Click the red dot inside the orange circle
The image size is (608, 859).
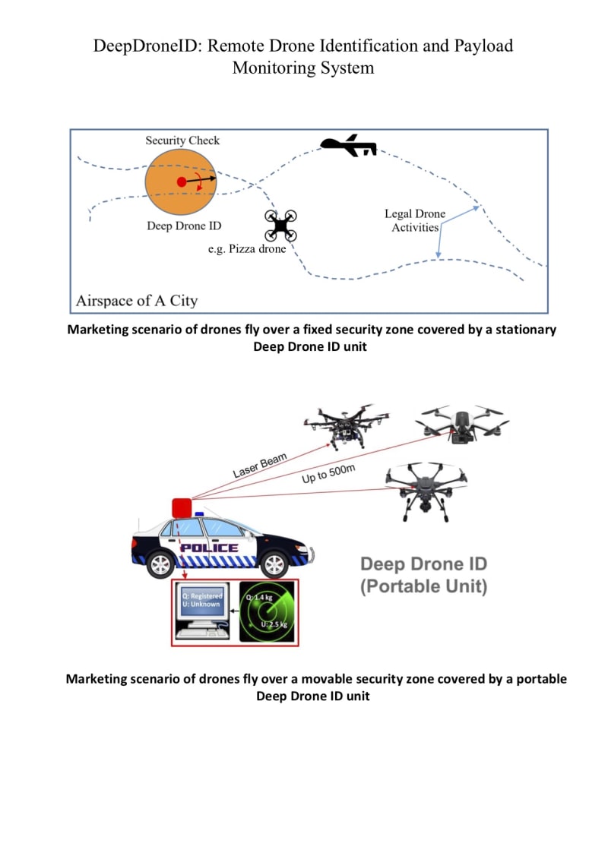181,182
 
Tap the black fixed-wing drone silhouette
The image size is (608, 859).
348,146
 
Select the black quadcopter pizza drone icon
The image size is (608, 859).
280,225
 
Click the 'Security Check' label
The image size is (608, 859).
182,141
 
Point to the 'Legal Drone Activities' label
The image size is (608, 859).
415,220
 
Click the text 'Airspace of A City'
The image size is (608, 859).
137,301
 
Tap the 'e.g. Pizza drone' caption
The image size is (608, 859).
247,249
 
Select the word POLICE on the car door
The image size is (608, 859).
209,548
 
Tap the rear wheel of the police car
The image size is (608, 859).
160,564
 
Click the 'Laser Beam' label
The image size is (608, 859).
260,462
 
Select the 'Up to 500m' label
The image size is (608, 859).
328,474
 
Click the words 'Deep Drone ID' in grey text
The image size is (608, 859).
423,564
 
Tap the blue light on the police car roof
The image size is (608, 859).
200,514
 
